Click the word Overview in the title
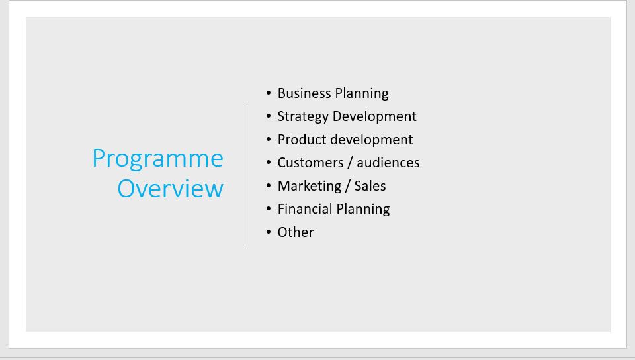coord(171,189)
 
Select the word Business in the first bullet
coord(304,93)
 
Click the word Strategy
coord(303,117)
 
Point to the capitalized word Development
coord(374,117)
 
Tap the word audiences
coord(388,163)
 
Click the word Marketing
coord(310,186)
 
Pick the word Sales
coord(370,186)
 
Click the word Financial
coord(305,209)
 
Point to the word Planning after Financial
coord(363,210)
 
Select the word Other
coord(296,232)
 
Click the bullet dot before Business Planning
coord(269,93)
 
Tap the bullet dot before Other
coord(269,232)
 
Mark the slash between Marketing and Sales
coord(348,186)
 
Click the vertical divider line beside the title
coord(245,175)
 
